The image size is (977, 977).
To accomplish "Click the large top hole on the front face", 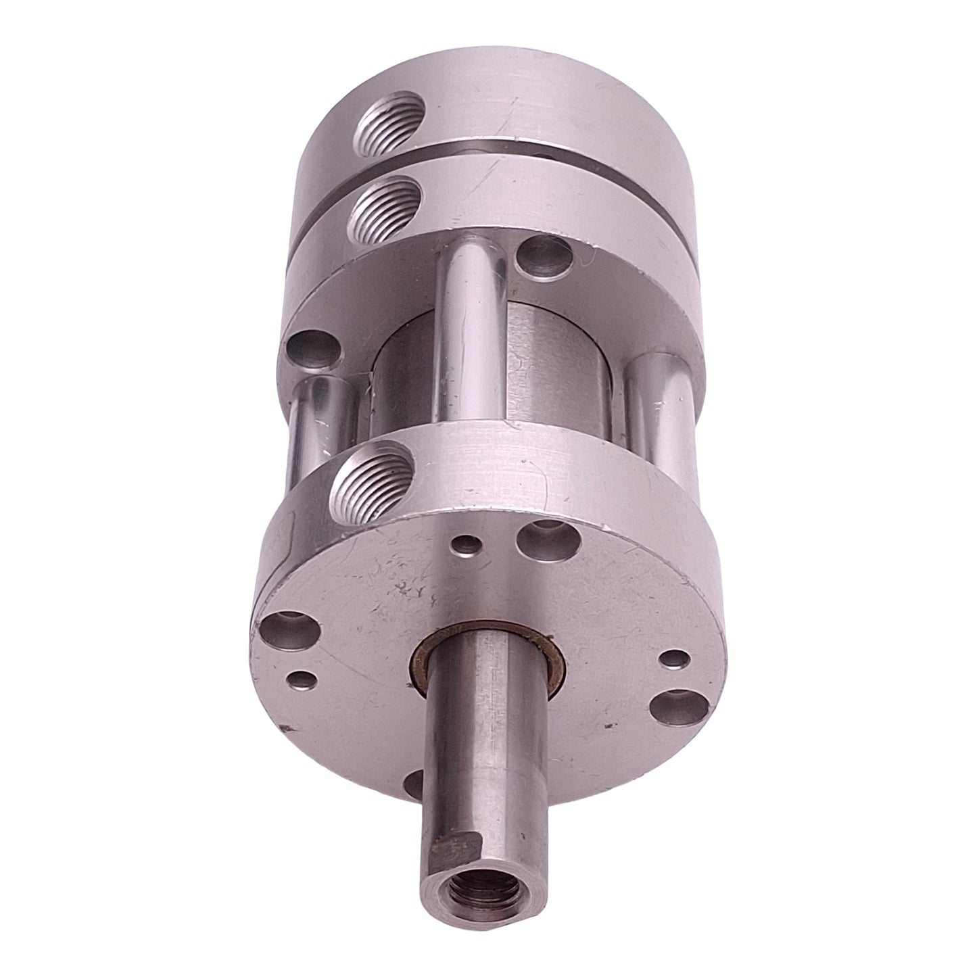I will [x=538, y=538].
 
